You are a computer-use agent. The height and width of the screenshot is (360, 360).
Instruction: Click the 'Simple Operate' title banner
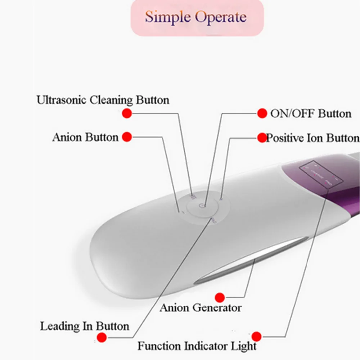[x=197, y=18]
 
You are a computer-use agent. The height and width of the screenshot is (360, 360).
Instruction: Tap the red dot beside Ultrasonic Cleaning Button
[x=127, y=113]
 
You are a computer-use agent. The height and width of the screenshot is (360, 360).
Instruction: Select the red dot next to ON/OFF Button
[x=262, y=113]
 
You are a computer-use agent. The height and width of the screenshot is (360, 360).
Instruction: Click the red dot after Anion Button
[x=127, y=137]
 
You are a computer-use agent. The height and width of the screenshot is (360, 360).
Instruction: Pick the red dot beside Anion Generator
[x=220, y=297]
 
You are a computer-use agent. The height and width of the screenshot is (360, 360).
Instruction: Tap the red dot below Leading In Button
[x=102, y=337]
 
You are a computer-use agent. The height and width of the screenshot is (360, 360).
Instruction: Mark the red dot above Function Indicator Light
[x=256, y=336]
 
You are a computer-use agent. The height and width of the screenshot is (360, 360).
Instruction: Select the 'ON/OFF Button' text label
[x=310, y=114]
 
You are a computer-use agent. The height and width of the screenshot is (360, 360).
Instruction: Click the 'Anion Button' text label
[x=85, y=137]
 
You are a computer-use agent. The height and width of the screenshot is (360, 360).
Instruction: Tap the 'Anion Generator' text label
[x=201, y=308]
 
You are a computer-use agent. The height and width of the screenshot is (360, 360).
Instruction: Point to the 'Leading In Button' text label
[x=85, y=327]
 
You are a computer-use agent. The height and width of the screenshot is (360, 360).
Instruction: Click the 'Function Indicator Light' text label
[x=197, y=346]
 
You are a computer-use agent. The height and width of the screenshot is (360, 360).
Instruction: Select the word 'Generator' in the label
[x=217, y=308]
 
